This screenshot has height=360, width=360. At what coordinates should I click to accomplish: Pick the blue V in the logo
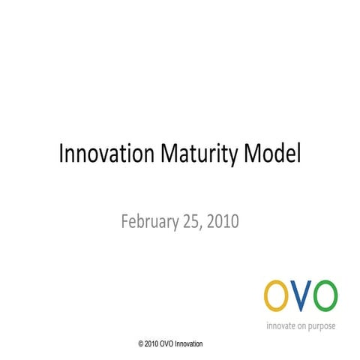click(300, 296)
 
